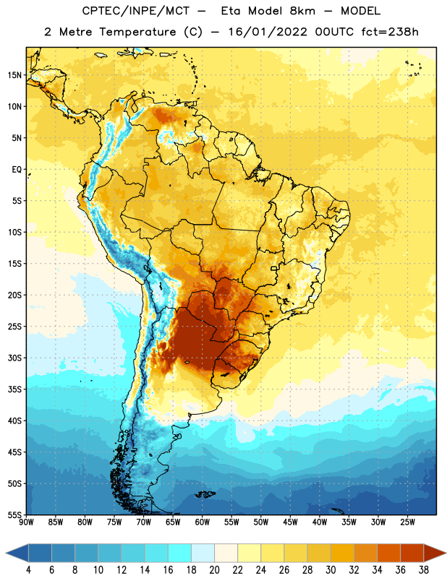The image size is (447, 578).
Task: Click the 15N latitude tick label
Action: (x=14, y=75)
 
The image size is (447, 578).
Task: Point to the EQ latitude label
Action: (x=17, y=170)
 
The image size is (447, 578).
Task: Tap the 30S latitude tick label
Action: (x=14, y=358)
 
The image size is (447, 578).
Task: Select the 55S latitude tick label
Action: (x=14, y=514)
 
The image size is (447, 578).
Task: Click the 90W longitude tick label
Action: (x=26, y=522)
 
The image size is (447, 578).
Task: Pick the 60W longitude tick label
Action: (x=203, y=522)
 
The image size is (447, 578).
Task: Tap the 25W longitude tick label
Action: (x=407, y=522)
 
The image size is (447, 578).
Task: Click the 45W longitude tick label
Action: (x=290, y=522)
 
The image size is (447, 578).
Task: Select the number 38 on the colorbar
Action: (x=424, y=570)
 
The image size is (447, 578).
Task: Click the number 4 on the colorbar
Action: (x=28, y=570)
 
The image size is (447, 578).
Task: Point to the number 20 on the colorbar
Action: (x=214, y=570)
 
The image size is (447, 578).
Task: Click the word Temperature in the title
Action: (x=137, y=32)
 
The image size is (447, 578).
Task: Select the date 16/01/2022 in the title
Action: (x=268, y=32)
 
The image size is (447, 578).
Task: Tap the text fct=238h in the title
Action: (x=390, y=32)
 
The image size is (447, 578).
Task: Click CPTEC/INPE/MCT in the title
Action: (x=135, y=11)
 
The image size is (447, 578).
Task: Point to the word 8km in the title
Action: (x=302, y=11)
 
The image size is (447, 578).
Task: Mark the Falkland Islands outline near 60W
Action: (x=205, y=494)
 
